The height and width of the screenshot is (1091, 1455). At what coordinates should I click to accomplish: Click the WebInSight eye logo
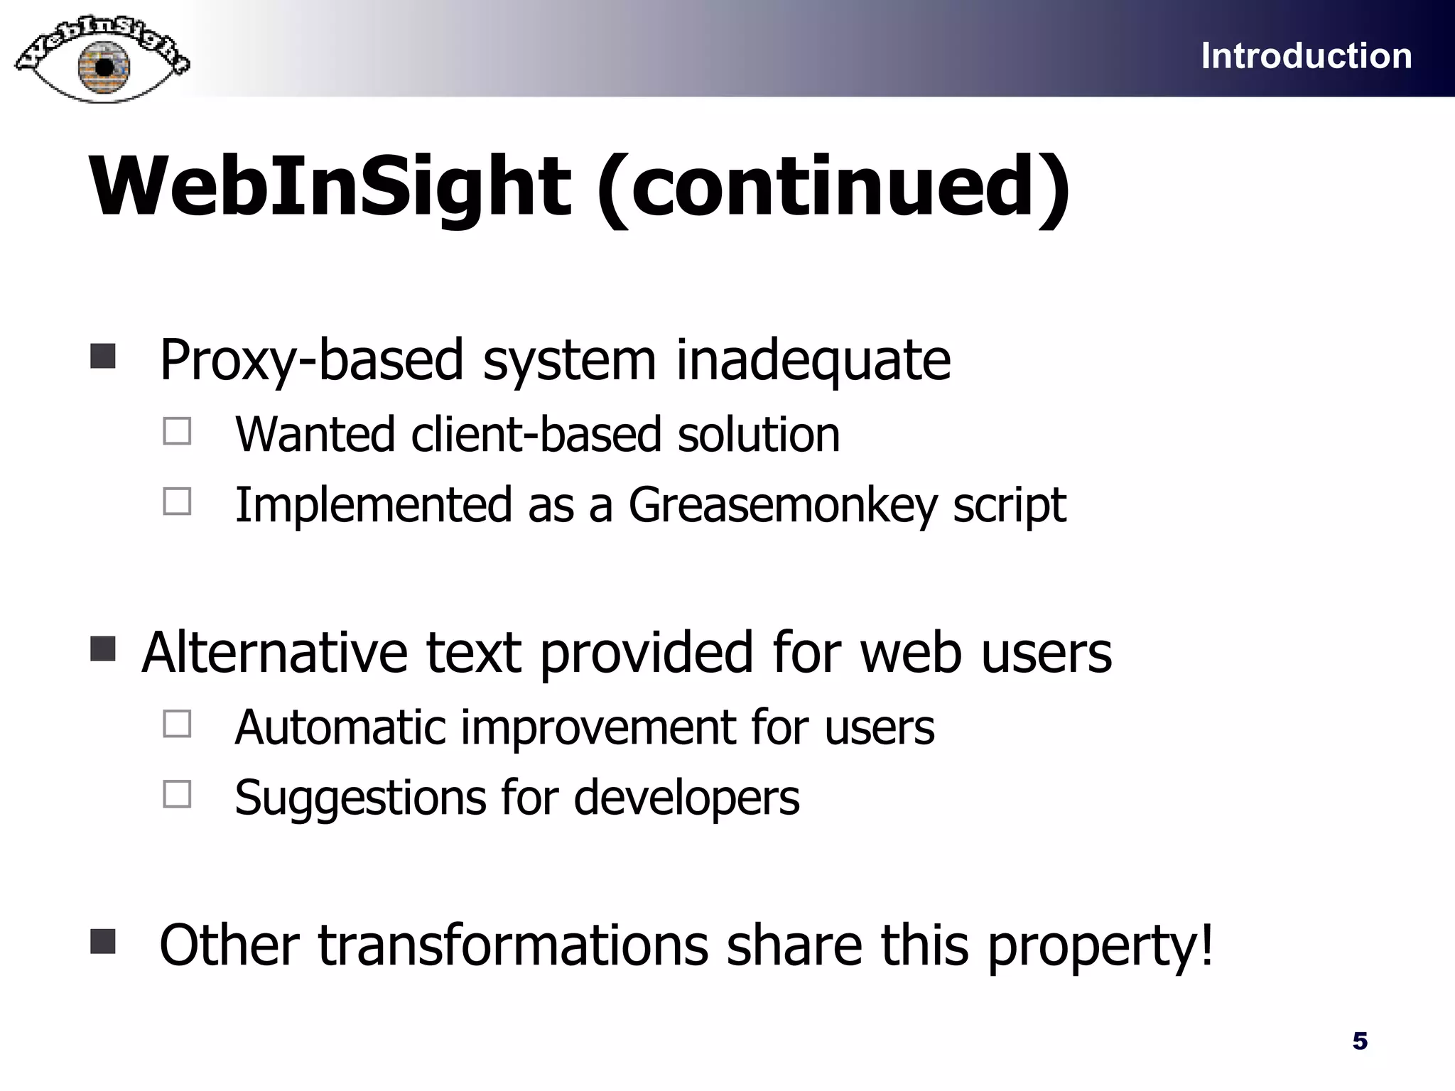[x=102, y=60]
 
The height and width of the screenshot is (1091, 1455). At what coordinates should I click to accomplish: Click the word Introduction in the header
[x=1306, y=56]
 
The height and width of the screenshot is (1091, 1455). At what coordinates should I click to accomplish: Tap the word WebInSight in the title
[x=330, y=186]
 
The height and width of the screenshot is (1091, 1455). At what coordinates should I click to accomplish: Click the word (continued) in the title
[x=833, y=186]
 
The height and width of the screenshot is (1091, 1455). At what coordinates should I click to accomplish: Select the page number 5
[x=1360, y=1041]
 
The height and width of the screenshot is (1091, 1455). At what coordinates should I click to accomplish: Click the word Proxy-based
[x=311, y=361]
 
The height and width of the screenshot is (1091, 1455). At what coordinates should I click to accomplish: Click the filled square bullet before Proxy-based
[x=103, y=356]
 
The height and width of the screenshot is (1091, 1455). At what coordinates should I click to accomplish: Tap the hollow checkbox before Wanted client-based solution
[x=177, y=430]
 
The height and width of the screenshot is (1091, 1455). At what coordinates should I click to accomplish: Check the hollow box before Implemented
[x=177, y=501]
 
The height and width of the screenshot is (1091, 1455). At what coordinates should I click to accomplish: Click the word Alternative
[x=274, y=652]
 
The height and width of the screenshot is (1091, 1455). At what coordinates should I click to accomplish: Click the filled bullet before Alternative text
[x=103, y=648]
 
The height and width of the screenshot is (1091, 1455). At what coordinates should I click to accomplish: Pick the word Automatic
[x=340, y=727]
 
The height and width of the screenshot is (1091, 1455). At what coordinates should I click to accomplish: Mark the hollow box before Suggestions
[x=177, y=793]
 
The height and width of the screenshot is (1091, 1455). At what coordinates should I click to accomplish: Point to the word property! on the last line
[x=1100, y=946]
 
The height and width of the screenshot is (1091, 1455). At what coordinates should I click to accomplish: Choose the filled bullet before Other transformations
[x=103, y=941]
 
